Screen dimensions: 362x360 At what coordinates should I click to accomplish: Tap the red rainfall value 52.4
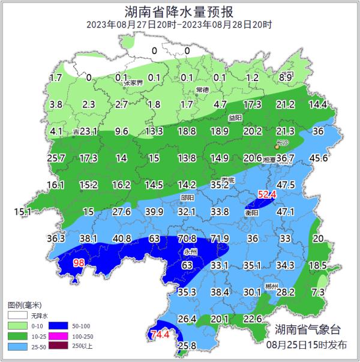click(x=266, y=194)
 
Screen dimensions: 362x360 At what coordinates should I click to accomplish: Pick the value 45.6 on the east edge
click(x=318, y=158)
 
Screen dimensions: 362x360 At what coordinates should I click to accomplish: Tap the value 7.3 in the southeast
click(x=319, y=292)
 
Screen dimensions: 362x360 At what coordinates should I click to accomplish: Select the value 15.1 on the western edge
click(x=22, y=211)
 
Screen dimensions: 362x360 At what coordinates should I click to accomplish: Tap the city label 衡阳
click(x=251, y=213)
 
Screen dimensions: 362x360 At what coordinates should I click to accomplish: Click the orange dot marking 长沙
click(x=277, y=146)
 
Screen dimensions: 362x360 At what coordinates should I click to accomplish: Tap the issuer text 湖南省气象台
click(x=307, y=329)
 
